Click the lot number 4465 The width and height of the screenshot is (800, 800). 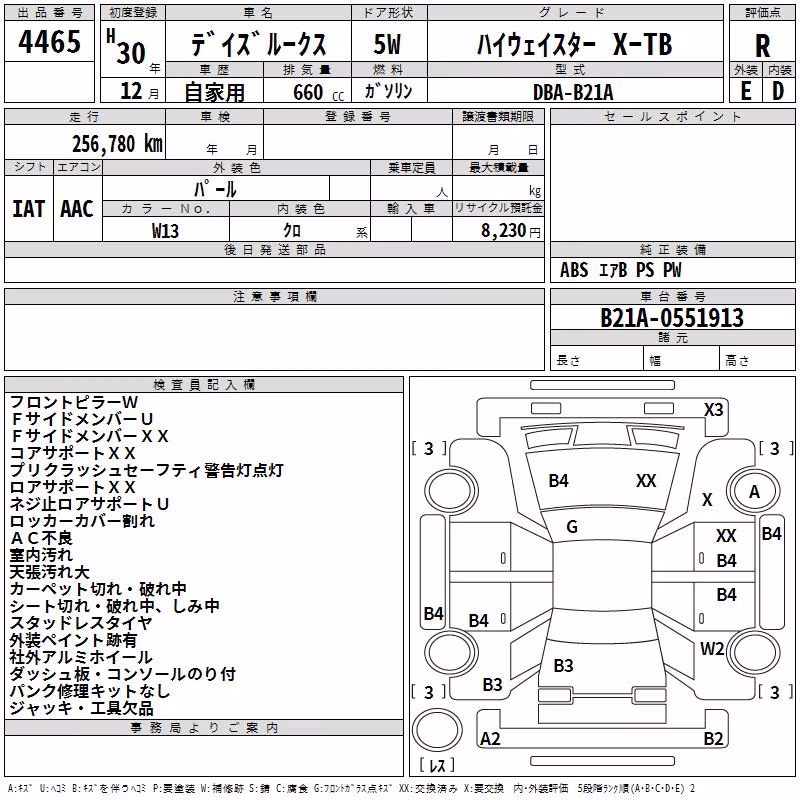tap(49, 42)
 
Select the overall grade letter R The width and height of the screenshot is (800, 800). tap(762, 46)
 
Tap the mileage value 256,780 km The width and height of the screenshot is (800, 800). tap(117, 144)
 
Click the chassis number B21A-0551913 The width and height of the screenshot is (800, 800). tap(672, 318)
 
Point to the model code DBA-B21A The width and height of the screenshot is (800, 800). tap(573, 92)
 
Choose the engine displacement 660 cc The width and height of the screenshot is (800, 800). tap(318, 93)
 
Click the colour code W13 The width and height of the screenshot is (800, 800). tap(165, 231)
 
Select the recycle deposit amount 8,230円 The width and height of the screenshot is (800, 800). tap(511, 231)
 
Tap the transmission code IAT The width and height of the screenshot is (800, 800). tap(28, 209)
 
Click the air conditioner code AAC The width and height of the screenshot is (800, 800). tap(77, 209)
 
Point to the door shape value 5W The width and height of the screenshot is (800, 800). tap(387, 44)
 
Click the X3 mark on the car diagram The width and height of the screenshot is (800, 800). tap(713, 410)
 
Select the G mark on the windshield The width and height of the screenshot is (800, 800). tap(572, 527)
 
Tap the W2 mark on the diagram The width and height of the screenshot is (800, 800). tap(712, 648)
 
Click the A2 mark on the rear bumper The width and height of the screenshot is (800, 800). tap(490, 738)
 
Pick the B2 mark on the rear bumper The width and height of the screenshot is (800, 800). tap(713, 738)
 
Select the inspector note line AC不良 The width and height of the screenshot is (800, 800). tap(42, 538)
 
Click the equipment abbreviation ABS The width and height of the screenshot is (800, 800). tap(574, 270)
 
